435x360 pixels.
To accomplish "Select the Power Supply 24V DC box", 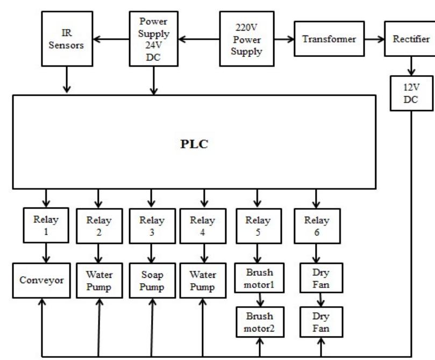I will coord(153,35).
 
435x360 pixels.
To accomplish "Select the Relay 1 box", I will coord(45,225).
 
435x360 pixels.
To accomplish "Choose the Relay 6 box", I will coord(315,225).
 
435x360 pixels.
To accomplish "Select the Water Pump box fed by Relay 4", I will coord(204,279).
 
